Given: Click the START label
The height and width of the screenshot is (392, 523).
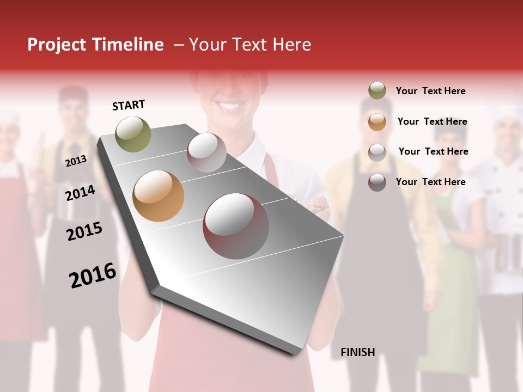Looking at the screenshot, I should pos(129,105).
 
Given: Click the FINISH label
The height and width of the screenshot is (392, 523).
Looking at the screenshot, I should pos(357,352).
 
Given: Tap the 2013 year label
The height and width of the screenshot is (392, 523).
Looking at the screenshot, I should pos(76,161).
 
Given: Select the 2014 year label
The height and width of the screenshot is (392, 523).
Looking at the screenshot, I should pos(80,193).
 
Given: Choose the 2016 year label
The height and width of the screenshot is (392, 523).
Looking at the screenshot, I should pos(93,275).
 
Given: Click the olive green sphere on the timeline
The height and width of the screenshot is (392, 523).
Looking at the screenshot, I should pos(133,134).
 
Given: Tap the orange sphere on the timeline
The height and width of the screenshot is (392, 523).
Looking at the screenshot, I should pos(158,196).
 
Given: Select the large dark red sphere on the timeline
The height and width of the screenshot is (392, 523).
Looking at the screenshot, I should pos(236,226).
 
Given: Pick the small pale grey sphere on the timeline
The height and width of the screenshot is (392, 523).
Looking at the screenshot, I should pos(206,152).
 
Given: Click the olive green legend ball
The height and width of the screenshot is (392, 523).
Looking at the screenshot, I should pos(377,91).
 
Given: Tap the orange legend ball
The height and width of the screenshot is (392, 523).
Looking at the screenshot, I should pos(377,121).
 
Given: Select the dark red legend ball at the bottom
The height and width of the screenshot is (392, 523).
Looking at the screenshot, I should pos(377,182).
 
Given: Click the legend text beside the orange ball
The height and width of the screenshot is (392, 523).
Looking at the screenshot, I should pos(432,121).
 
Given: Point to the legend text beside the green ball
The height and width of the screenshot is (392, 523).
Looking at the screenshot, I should pos(430,91).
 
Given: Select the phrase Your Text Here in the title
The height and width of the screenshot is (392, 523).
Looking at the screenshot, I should pos(250,45).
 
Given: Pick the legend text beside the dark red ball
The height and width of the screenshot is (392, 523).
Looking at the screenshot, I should pos(430,182).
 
